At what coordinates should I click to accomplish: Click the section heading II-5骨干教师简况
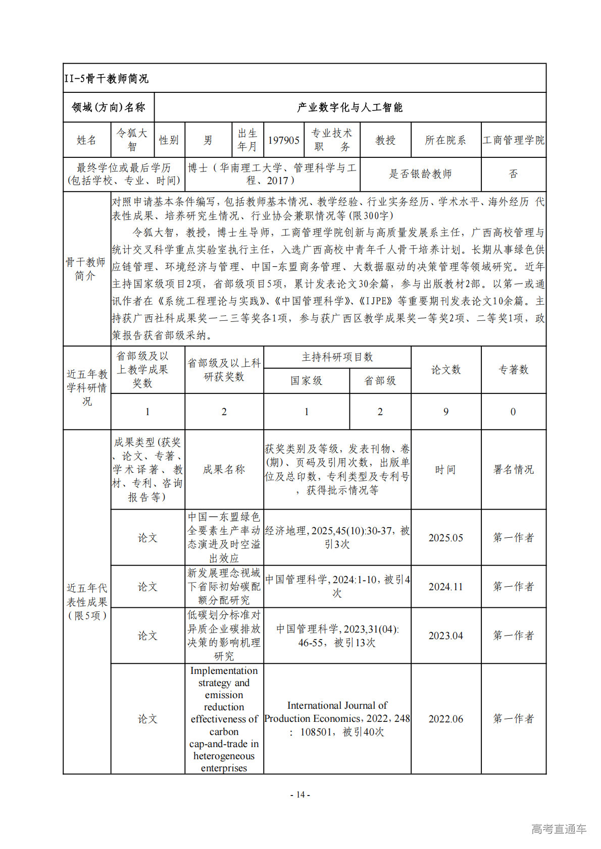[x=107, y=79]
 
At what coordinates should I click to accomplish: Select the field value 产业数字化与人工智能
[x=349, y=107]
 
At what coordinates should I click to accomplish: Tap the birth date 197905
[x=283, y=140]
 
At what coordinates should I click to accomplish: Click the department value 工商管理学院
[x=513, y=140]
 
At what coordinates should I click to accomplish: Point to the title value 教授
[x=385, y=140]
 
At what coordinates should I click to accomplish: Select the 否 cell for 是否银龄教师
[x=513, y=174]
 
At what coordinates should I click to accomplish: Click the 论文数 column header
[x=445, y=370]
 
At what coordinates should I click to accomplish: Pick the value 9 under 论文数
[x=445, y=412]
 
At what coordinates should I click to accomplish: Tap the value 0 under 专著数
[x=513, y=412]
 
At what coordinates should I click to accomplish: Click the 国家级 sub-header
[x=306, y=381]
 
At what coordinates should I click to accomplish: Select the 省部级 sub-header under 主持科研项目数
[x=380, y=381]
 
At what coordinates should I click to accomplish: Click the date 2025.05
[x=445, y=538]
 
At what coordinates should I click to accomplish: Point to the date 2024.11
[x=445, y=587]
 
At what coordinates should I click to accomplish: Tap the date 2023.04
[x=445, y=636]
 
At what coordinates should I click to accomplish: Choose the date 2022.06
[x=445, y=719]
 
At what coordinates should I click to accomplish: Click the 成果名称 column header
[x=224, y=470]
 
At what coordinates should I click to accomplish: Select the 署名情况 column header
[x=513, y=470]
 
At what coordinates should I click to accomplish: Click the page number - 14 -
[x=300, y=795]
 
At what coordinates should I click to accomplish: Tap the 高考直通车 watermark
[x=559, y=829]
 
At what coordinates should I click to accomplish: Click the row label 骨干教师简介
[x=86, y=269]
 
